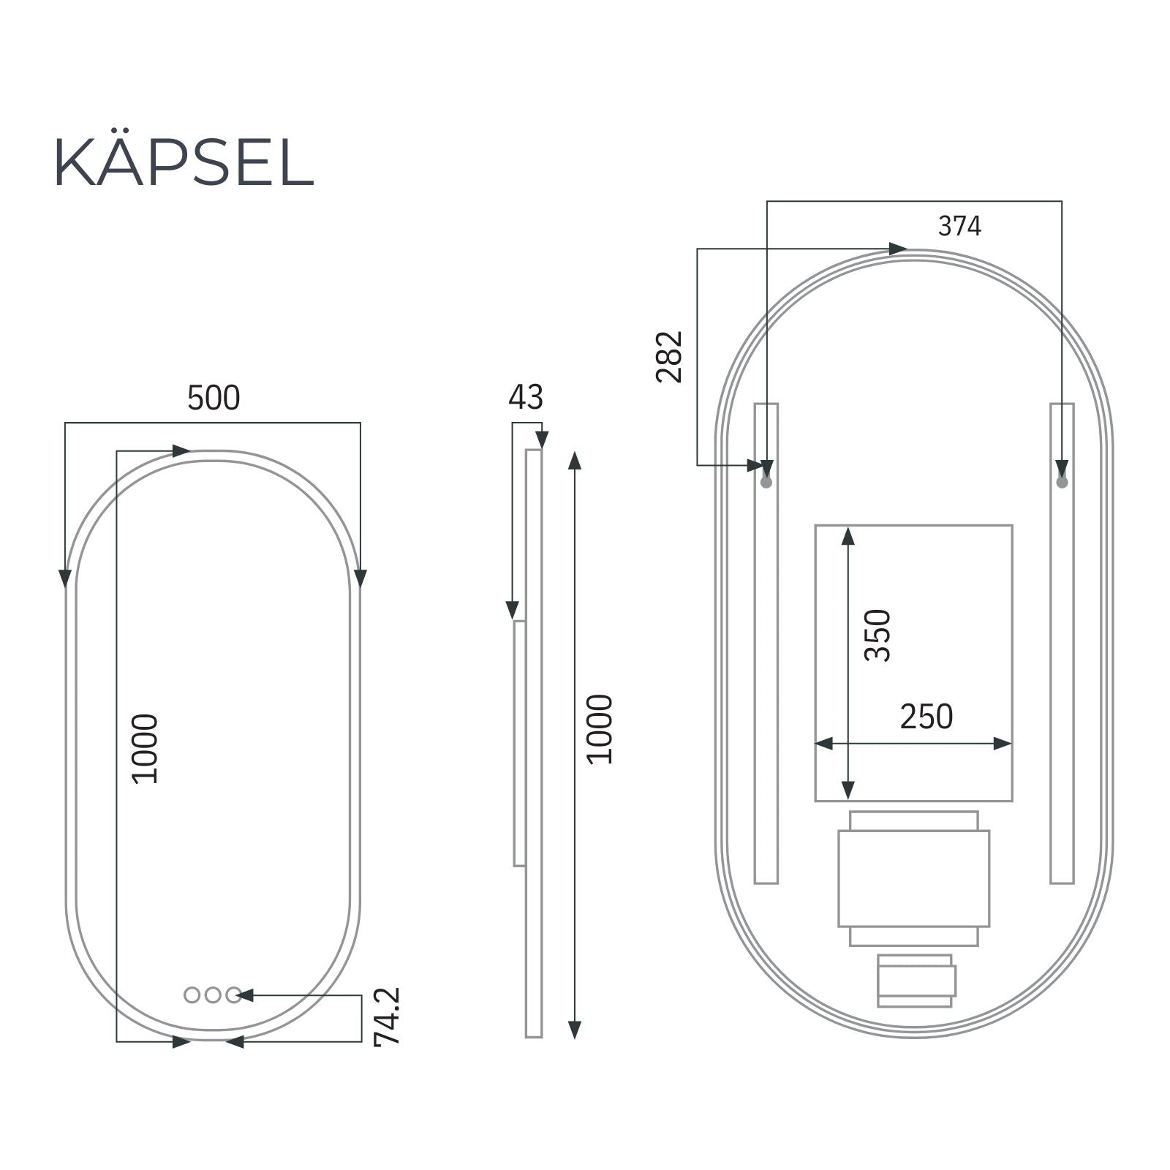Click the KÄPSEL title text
(184, 162)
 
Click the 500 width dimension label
(214, 399)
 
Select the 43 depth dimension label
(526, 398)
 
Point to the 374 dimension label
(959, 227)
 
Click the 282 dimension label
(669, 357)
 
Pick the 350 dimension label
(877, 635)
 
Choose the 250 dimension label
(926, 717)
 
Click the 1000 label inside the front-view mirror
(145, 749)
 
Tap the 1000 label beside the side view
(600, 729)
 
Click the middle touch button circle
(213, 994)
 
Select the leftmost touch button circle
(192, 994)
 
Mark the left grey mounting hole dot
(766, 483)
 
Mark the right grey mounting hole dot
(1062, 483)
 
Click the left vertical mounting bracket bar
(766, 658)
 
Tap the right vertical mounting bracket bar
(1062, 658)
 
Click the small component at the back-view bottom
(916, 981)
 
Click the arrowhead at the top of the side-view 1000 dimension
(575, 461)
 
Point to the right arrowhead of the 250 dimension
(1003, 744)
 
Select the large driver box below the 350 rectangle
(913, 878)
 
